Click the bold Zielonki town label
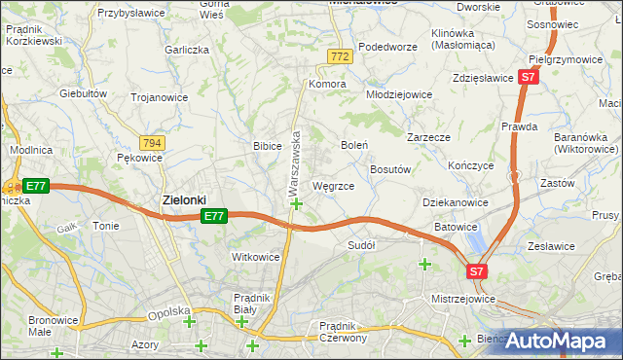coord(182,200)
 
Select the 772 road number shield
coord(339,57)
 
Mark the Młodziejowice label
coord(398,95)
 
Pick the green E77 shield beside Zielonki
coord(215,216)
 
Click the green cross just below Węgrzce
coord(296,203)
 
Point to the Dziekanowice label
coord(454,201)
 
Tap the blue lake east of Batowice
coord(474,236)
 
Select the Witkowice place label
coord(256,257)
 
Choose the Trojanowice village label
coord(159,97)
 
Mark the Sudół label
coord(361,246)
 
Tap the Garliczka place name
coord(187,50)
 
